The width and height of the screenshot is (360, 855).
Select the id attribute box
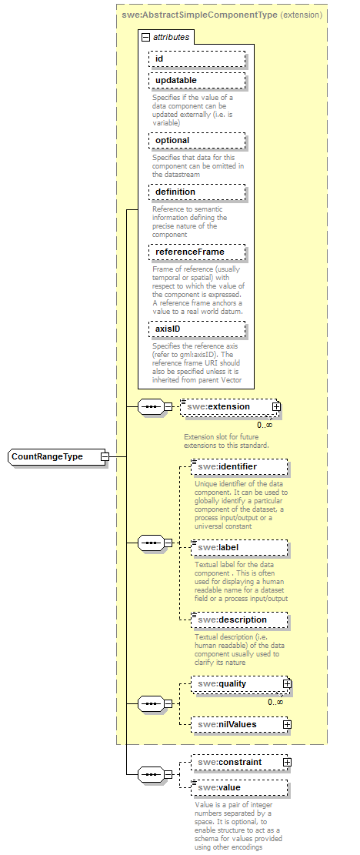(x=197, y=58)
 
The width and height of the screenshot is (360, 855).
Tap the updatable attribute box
(x=197, y=81)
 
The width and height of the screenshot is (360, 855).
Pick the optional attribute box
(x=197, y=141)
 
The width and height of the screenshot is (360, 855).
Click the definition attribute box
(x=197, y=192)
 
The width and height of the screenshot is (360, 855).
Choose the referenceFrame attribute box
(x=197, y=252)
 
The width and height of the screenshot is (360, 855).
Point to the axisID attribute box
(x=197, y=329)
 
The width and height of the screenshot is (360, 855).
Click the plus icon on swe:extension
(x=276, y=407)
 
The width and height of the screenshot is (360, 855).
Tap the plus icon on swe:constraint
(x=287, y=762)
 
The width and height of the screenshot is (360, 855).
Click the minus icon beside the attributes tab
(x=145, y=36)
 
